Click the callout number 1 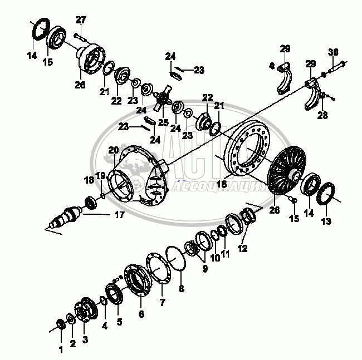click(x=61, y=349)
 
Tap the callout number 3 click(x=85, y=339)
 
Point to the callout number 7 click(x=163, y=303)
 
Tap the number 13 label click(x=326, y=221)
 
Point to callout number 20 click(x=114, y=150)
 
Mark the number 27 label click(x=81, y=20)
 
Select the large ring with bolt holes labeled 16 click(x=248, y=150)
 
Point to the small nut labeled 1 click(x=61, y=324)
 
